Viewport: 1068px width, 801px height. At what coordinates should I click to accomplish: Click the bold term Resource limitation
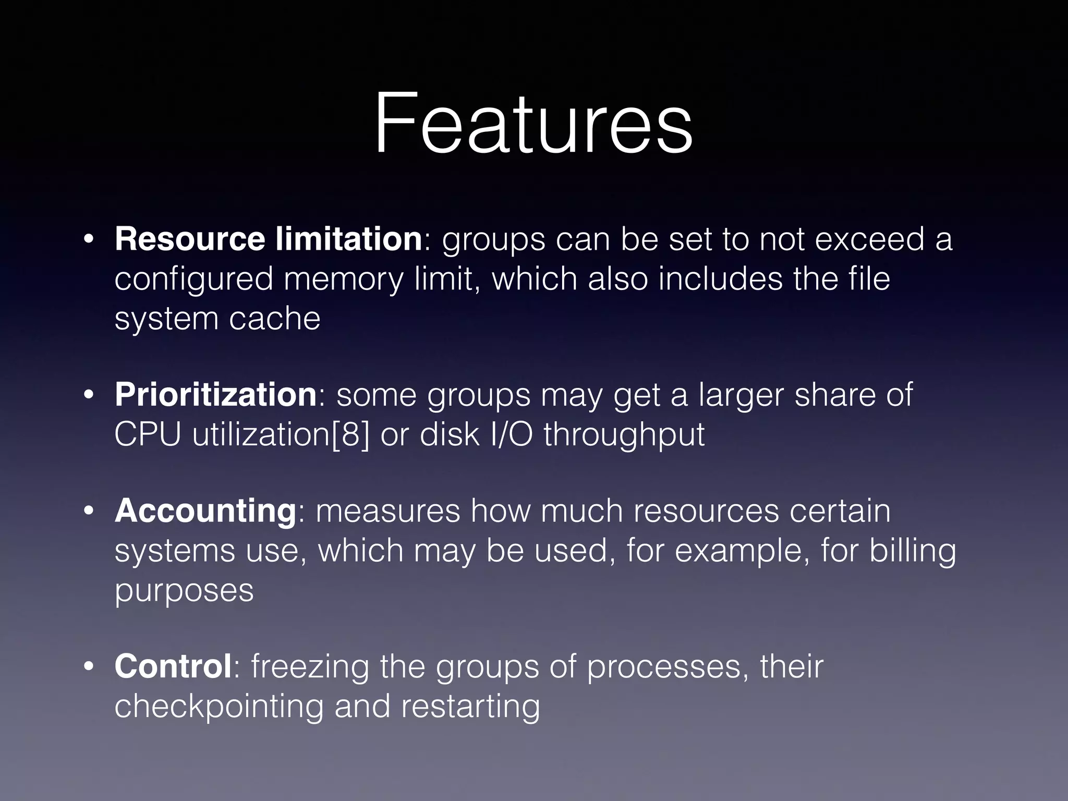[268, 239]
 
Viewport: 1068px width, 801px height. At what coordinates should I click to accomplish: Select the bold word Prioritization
[215, 394]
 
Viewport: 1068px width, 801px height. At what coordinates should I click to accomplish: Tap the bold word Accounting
[205, 511]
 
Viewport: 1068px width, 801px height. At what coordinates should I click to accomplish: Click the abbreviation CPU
[148, 434]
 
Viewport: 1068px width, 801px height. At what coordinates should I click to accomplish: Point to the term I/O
[512, 434]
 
